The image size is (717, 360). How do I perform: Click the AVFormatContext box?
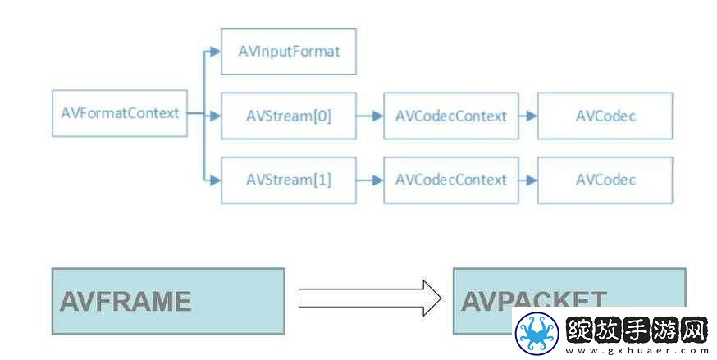point(120,113)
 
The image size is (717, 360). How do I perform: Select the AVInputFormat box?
point(289,52)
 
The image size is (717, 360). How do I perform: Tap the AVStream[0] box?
point(289,116)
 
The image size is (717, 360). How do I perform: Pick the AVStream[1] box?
point(289,180)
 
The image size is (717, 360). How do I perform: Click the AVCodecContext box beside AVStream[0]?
point(451,116)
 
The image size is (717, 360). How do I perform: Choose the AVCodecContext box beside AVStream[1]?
point(451,180)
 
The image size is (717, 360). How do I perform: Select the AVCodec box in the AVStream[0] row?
point(605,116)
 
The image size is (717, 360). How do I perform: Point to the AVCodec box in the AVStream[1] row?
point(605,180)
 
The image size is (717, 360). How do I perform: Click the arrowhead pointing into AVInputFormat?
point(216,52)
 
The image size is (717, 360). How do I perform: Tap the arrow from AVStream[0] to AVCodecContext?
point(369,116)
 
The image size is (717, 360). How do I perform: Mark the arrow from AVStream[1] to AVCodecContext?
point(369,180)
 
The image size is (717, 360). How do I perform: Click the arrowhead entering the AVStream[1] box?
point(216,180)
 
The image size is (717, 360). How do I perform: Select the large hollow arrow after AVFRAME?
point(370,298)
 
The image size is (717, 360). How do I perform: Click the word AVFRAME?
point(126,302)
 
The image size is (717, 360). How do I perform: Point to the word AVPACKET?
point(533,301)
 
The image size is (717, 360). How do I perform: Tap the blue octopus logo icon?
point(537,333)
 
